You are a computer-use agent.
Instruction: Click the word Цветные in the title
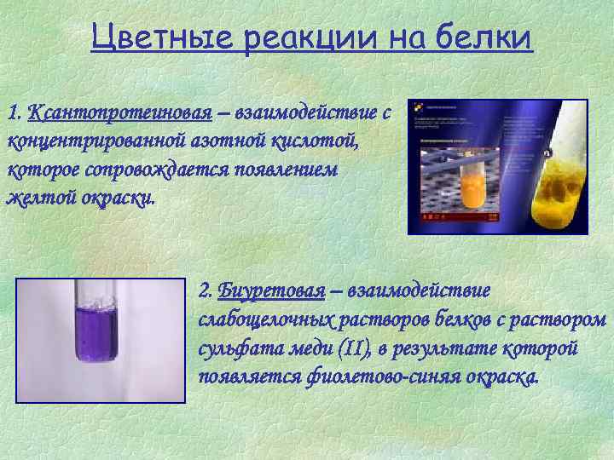click(x=162, y=38)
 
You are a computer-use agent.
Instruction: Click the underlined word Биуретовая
click(x=271, y=291)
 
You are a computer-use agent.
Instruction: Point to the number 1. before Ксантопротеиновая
click(x=14, y=112)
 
